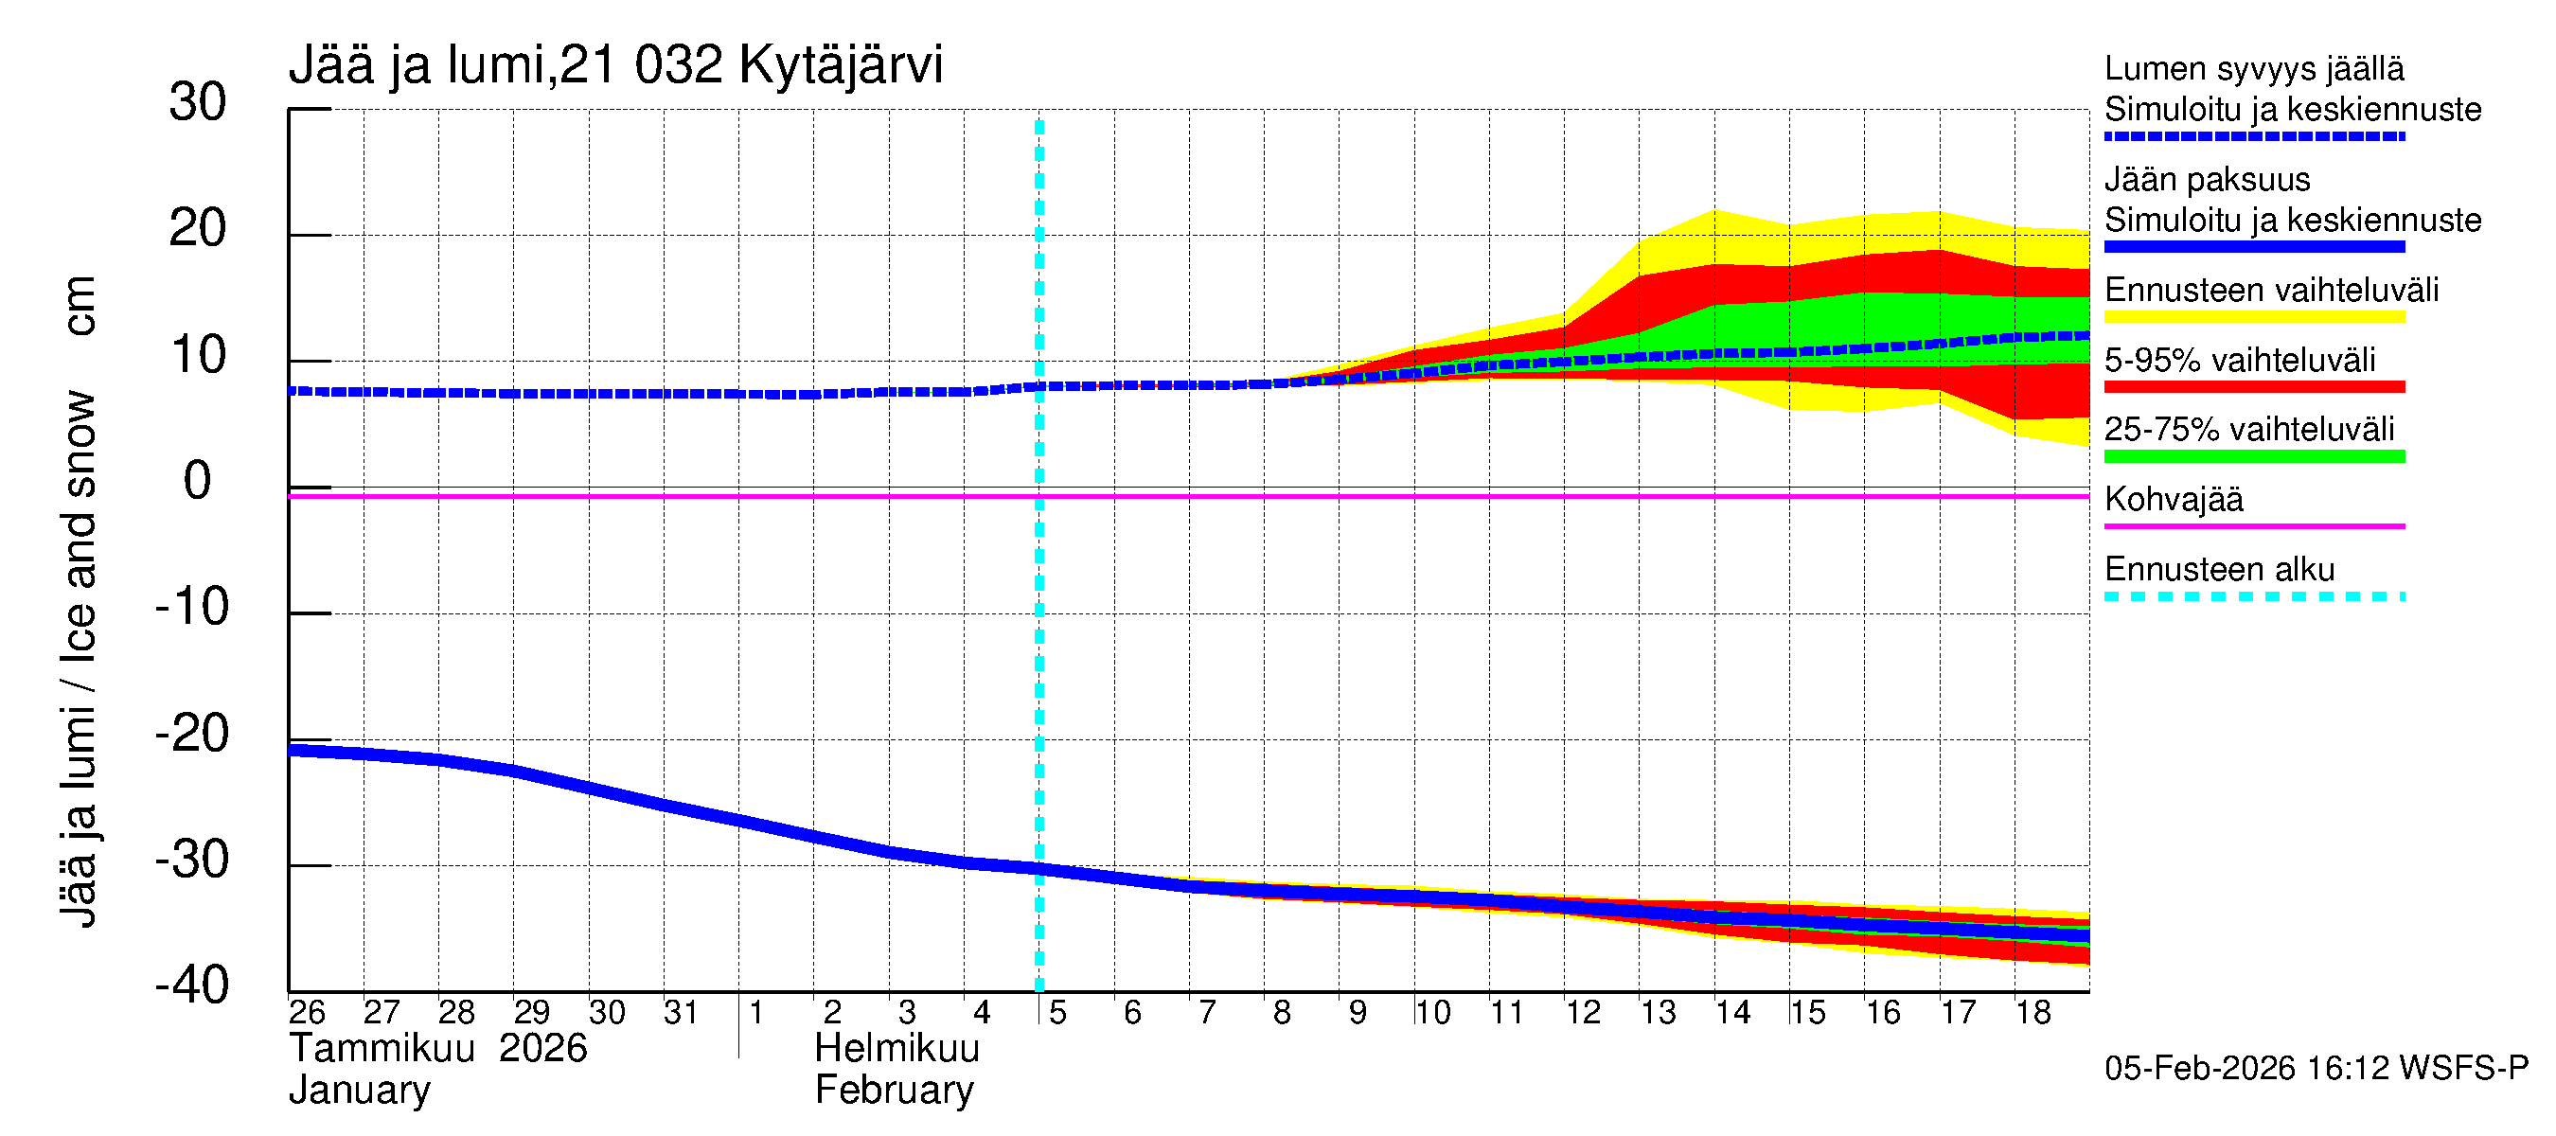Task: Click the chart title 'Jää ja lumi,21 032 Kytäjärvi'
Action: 615,65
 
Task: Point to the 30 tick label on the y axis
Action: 198,102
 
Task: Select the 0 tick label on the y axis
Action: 198,481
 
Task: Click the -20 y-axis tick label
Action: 192,735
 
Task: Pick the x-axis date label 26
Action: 307,1012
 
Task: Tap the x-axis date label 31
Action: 681,1012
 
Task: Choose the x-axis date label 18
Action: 2033,1012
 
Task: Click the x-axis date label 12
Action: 1583,1012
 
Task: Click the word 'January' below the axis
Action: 359,1090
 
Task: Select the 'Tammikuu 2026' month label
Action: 437,1048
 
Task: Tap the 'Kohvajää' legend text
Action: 2173,499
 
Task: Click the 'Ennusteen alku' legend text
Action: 2220,570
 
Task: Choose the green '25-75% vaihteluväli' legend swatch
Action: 2253,456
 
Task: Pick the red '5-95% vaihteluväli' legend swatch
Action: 2253,387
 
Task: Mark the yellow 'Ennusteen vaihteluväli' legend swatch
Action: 2253,317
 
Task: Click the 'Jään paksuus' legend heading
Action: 2207,180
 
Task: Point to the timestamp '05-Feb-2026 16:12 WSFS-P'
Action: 2316,1068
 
